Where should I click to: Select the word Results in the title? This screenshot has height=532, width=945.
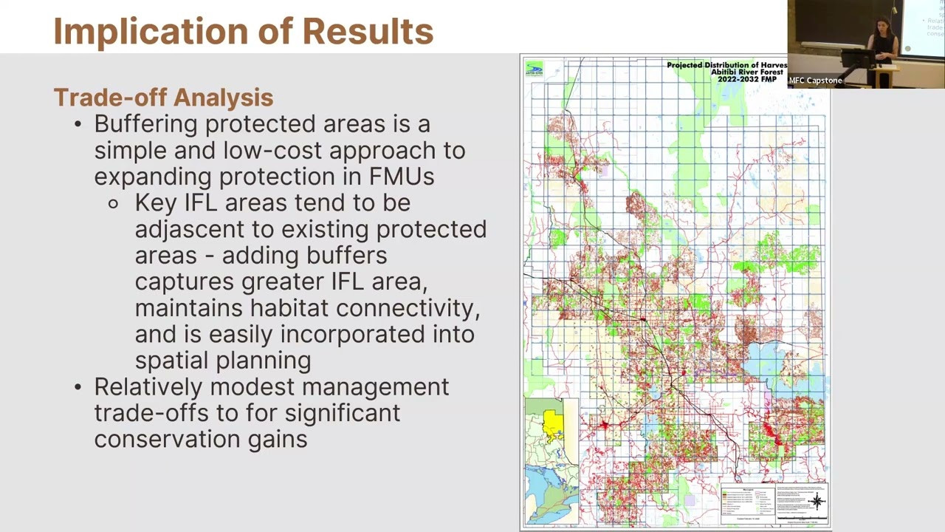[368, 32]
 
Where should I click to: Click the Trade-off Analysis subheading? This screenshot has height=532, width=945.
[163, 98]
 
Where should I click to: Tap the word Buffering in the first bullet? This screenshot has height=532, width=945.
[145, 124]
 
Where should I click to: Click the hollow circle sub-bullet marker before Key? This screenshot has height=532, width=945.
[113, 203]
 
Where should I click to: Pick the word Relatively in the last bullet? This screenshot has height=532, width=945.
[148, 387]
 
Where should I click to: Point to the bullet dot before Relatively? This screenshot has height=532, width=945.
[78, 387]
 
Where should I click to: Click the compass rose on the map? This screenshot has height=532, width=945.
[817, 501]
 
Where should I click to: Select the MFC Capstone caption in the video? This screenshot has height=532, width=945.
[815, 81]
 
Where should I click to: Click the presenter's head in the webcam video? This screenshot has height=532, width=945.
[882, 26]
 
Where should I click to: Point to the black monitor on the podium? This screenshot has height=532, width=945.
[859, 58]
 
